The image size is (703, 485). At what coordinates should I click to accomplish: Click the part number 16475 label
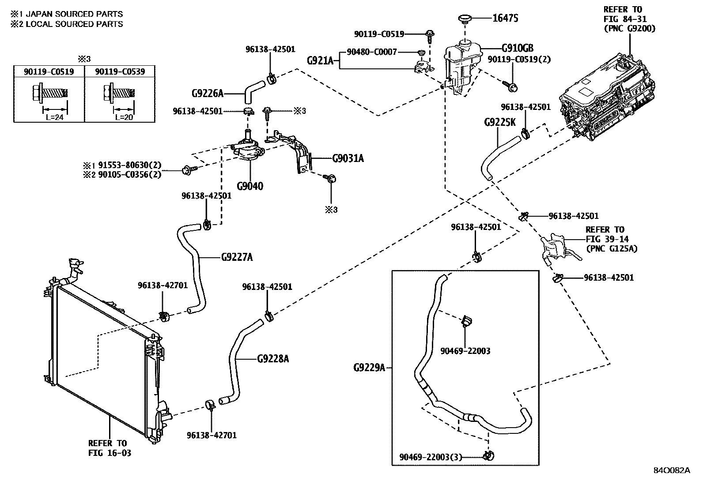click(x=505, y=18)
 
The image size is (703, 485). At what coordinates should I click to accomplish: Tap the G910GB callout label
click(x=517, y=48)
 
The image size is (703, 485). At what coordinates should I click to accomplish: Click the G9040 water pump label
click(x=249, y=186)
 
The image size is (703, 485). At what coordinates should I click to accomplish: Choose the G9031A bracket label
click(x=348, y=158)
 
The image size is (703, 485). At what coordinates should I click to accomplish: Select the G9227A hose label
click(x=237, y=256)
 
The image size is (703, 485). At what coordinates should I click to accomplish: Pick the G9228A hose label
click(x=272, y=359)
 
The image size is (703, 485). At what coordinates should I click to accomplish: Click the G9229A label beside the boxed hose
click(x=369, y=367)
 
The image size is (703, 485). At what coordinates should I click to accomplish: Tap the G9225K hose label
click(x=499, y=122)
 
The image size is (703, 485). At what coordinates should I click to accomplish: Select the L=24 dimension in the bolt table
click(x=55, y=117)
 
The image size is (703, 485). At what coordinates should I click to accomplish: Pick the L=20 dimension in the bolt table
click(x=124, y=117)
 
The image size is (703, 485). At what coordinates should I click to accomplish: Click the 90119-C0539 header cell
click(x=120, y=71)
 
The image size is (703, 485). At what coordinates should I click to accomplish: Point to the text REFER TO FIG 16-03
click(x=107, y=448)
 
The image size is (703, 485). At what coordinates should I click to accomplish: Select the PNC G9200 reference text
click(x=629, y=28)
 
